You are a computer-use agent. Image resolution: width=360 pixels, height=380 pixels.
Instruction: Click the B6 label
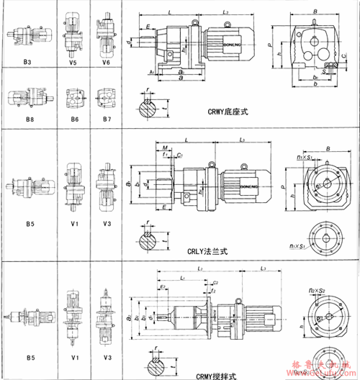[74, 117]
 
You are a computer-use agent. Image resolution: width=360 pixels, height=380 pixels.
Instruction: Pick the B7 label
[107, 117]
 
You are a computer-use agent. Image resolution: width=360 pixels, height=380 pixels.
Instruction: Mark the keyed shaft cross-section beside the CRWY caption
[149, 108]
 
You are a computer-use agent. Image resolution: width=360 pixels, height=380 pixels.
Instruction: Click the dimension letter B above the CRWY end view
[315, 11]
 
